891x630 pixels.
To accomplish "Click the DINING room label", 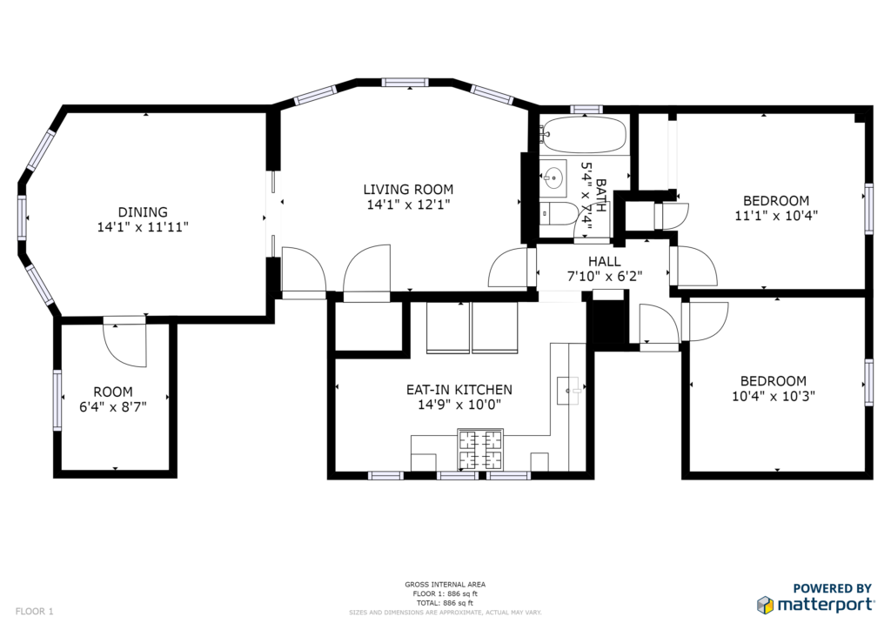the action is (x=143, y=212).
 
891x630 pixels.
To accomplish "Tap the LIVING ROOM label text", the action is (x=409, y=189).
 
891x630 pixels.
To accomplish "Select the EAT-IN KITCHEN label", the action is (x=459, y=390).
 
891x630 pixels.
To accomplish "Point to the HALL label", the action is (x=605, y=261).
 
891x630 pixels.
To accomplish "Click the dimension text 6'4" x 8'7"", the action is (x=113, y=406).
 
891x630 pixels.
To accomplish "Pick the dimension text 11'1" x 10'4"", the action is (x=776, y=216).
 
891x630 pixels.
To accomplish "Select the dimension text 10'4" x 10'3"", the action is (x=774, y=396).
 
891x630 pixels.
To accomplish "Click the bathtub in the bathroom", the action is (x=582, y=135).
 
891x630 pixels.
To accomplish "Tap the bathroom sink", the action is (x=553, y=178).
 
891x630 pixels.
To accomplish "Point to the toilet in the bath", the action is (x=559, y=213).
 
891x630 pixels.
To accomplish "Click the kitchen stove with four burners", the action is (x=480, y=449).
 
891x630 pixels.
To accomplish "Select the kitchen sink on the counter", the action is (x=570, y=391).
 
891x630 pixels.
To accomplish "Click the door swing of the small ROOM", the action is (x=125, y=345).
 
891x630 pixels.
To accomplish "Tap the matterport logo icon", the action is (x=766, y=605).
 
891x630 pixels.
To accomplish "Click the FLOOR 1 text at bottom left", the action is (x=34, y=611).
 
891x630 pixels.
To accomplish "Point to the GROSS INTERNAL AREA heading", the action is (x=445, y=584).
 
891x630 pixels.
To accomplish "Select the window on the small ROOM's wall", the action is (x=57, y=400).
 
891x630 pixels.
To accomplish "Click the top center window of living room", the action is (x=405, y=83).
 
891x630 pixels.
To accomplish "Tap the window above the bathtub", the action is (x=586, y=109).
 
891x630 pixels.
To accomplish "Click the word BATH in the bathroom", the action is (x=600, y=196).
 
